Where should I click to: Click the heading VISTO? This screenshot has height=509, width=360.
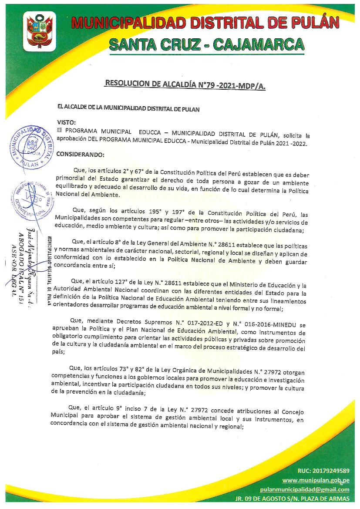point(67,123)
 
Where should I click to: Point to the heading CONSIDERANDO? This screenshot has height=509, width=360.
point(81,155)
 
